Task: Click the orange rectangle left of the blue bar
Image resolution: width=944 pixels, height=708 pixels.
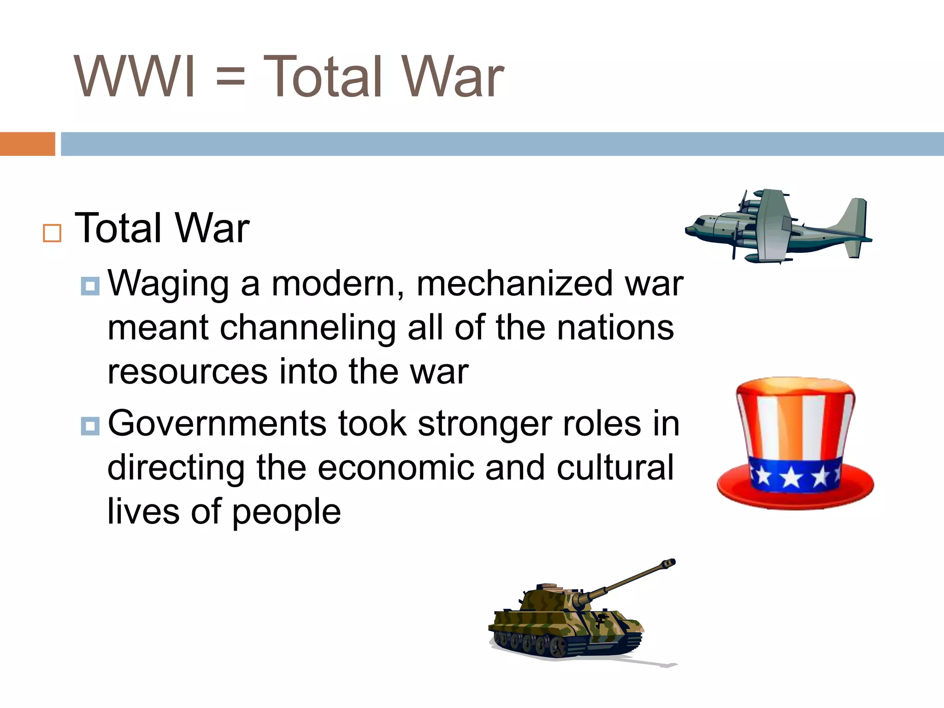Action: coord(27,144)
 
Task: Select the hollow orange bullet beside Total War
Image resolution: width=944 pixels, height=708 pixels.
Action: coord(52,233)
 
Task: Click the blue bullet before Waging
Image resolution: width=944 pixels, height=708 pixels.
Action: coord(90,286)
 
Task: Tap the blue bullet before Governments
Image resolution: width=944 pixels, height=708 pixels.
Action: coord(90,426)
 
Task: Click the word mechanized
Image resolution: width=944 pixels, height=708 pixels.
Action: coord(514,284)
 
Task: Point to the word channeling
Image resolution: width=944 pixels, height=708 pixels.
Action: coord(307,328)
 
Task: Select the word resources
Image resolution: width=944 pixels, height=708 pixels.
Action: coord(187,372)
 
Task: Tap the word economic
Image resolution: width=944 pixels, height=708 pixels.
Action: coord(395,468)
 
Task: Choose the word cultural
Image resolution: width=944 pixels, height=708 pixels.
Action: coord(615,468)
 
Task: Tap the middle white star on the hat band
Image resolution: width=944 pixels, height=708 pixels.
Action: coord(791,478)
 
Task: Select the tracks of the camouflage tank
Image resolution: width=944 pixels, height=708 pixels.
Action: coord(562,645)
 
